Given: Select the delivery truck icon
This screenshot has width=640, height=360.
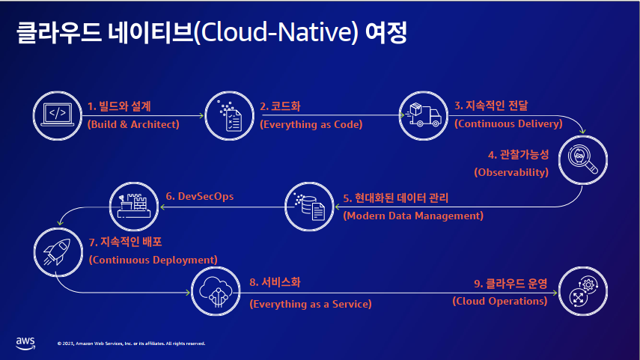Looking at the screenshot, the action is (423, 116).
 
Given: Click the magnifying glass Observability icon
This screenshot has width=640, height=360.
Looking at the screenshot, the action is (583, 160).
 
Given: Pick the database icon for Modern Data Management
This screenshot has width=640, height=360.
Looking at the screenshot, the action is (309, 207).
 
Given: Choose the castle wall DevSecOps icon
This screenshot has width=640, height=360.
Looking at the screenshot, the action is (134, 207).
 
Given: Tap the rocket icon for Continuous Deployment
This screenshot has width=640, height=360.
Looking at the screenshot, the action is (58, 252).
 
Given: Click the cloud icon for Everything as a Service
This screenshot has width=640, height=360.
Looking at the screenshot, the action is (216, 291).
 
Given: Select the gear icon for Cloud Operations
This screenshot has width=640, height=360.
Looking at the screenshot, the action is (583, 291).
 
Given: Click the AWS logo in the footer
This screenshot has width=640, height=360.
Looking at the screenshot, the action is (25, 344).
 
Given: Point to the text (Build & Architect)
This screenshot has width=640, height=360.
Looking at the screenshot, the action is (133, 124).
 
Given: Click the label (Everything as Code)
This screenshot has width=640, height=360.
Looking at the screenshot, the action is (311, 124).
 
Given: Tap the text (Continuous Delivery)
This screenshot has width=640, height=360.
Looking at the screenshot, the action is (508, 123).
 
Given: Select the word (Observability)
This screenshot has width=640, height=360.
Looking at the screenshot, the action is (511, 172).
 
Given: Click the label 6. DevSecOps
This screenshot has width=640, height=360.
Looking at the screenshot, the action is (200, 196).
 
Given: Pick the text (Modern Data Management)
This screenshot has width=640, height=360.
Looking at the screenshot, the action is (413, 216).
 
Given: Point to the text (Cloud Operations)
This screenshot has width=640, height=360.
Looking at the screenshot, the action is (499, 301).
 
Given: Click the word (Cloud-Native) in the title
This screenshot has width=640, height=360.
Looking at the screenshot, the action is (276, 32).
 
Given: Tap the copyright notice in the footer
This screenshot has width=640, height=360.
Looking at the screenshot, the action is (131, 344).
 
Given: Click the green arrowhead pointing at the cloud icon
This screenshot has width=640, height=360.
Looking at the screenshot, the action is (188, 292).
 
